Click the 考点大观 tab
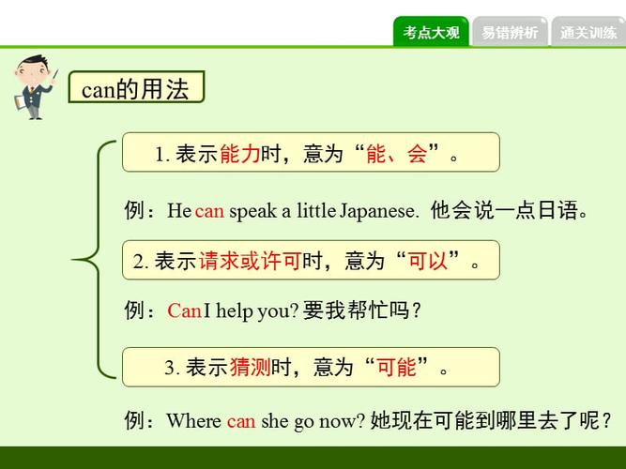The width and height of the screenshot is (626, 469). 431,33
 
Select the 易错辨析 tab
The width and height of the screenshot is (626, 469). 510,33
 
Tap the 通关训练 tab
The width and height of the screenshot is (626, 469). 588,33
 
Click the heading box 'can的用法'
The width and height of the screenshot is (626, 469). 136,89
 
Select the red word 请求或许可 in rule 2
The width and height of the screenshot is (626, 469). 249,262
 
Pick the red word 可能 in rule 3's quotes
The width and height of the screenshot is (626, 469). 395,368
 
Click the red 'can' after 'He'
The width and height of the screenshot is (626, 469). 209,211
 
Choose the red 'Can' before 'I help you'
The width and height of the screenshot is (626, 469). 184,311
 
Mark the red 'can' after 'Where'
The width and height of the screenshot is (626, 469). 241,421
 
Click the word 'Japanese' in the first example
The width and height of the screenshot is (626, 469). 379,211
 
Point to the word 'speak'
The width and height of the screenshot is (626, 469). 252,211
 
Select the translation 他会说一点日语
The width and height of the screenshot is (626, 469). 509,211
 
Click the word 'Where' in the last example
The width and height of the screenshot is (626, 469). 194,421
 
